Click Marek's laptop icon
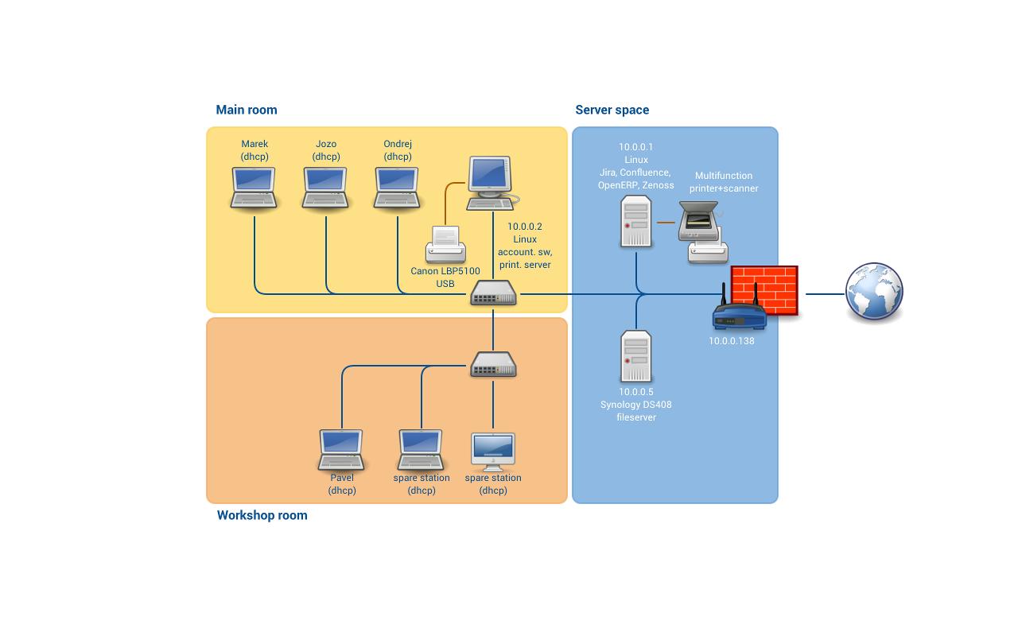click(x=254, y=188)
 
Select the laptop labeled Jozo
click(x=325, y=188)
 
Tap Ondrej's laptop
click(x=397, y=188)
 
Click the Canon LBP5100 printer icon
click(x=445, y=244)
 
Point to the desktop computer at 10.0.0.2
click(x=490, y=183)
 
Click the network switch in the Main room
click(x=493, y=293)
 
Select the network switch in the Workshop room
click(x=493, y=365)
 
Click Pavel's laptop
click(x=341, y=450)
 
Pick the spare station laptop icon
click(x=421, y=450)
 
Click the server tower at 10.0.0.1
click(x=636, y=222)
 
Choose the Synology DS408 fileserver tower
click(x=636, y=357)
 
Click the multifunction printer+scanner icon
click(x=703, y=231)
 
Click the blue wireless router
click(x=739, y=316)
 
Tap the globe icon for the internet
click(x=874, y=293)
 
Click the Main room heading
click(x=247, y=110)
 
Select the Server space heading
click(x=612, y=110)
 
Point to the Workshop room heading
click(x=262, y=515)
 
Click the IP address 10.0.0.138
click(x=732, y=341)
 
